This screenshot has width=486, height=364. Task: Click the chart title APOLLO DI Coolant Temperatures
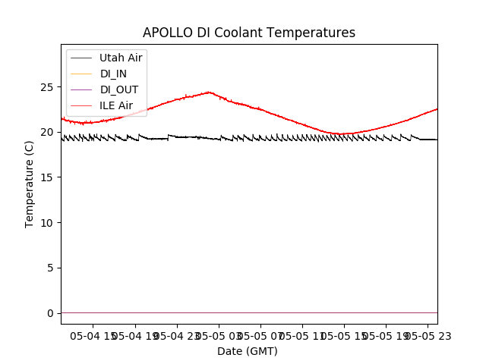point(249,33)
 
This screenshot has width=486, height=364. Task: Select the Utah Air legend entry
point(121,58)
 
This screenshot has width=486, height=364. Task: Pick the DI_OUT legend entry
point(119,89)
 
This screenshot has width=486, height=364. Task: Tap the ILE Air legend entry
point(116,105)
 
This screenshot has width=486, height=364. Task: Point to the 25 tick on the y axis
point(49,87)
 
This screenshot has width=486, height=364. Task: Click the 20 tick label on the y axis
point(49,132)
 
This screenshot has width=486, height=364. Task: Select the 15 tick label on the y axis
point(49,177)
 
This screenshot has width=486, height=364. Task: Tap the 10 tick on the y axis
point(49,223)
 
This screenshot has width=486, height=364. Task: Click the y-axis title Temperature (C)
point(30,184)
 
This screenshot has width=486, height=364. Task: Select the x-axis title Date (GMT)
point(248,351)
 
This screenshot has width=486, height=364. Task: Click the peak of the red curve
point(209,93)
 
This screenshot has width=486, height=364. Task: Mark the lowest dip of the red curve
point(342,134)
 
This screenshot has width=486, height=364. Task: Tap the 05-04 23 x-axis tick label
point(176,335)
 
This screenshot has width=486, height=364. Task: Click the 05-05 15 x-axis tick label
point(342,335)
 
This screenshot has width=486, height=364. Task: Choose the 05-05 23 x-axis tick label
point(425,335)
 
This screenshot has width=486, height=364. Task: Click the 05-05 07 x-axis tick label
point(260,335)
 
